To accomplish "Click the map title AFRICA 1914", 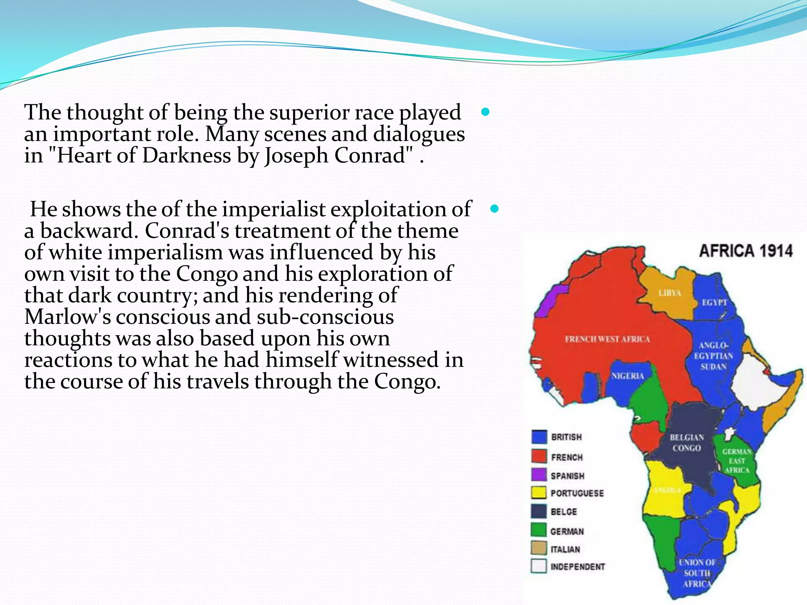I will click(746, 251).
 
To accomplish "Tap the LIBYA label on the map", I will click(669, 293).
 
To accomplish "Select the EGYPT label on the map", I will click(714, 302).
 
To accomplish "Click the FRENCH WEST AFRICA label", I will click(607, 339).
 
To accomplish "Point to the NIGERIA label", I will click(627, 376).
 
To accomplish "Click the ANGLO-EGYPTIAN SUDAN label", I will click(713, 356).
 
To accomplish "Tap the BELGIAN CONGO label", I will click(687, 443).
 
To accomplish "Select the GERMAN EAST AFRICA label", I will click(736, 461).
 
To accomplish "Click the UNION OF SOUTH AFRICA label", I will click(697, 573).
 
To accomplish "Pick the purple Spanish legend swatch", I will click(539, 475).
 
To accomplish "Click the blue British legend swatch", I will click(539, 436).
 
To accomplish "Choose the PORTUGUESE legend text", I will click(577, 493).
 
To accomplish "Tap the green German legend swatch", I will click(539, 530).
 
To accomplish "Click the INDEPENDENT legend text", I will click(577, 567).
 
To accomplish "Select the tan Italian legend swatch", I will click(539, 548).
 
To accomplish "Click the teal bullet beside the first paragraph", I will click(485, 112).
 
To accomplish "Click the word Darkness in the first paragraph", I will click(186, 155).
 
